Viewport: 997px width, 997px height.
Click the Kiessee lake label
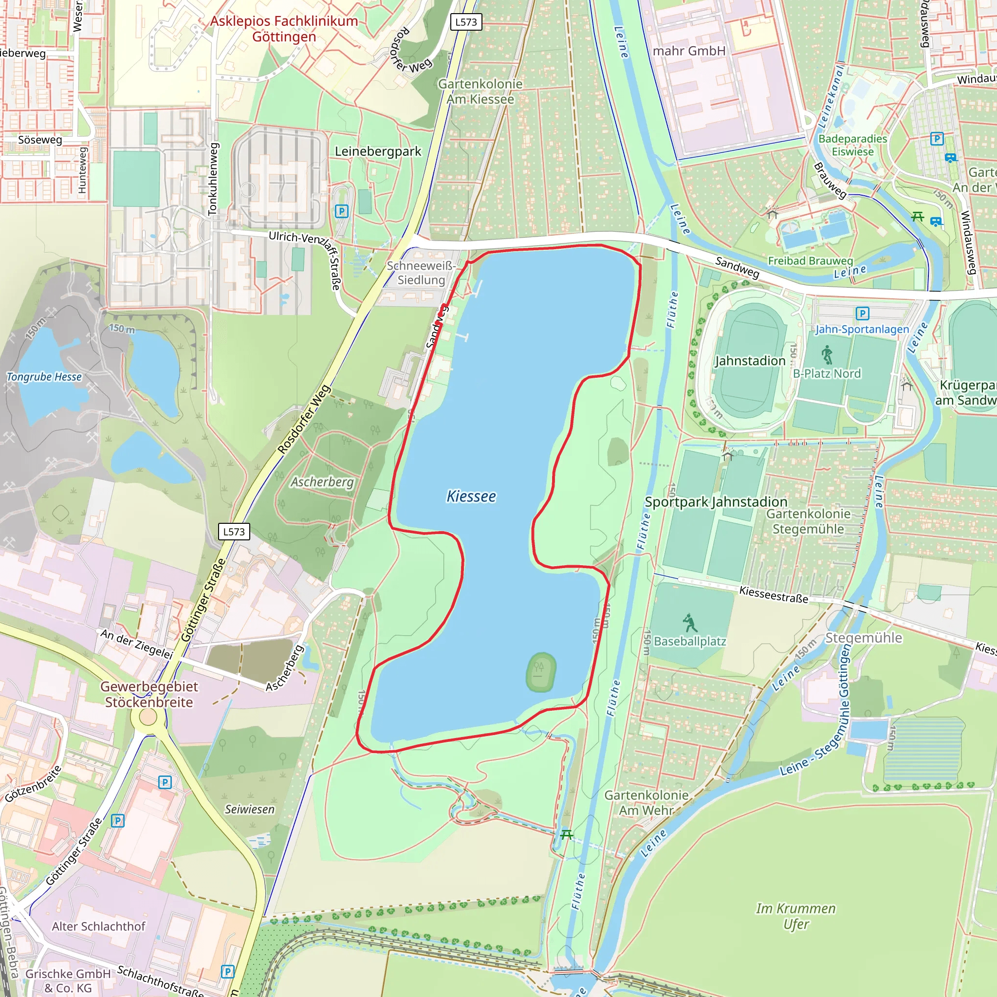coord(471,497)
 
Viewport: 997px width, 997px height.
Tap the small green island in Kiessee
coord(541,672)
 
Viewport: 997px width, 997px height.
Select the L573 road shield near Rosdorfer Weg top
coord(466,22)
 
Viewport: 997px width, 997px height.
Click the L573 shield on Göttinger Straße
coord(234,532)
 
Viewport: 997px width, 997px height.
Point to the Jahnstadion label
coord(750,361)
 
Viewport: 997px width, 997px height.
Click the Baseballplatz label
coord(690,642)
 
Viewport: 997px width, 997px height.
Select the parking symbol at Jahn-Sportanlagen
coord(862,313)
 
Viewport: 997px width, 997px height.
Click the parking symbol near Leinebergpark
coord(341,211)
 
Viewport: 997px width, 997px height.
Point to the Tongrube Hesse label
coord(44,377)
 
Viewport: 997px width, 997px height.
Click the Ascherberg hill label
coord(322,482)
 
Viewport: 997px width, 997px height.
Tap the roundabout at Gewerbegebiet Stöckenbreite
coord(148,717)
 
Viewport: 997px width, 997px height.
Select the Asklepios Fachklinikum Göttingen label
coord(284,29)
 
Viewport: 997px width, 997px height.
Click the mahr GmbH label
coord(689,51)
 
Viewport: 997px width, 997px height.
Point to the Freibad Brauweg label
coord(810,260)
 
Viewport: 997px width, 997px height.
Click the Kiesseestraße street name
coord(774,594)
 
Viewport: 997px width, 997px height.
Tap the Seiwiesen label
coord(250,809)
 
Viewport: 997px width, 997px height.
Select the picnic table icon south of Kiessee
coord(566,834)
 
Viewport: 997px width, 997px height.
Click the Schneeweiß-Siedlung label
coord(421,273)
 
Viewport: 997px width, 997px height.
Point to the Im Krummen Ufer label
coord(796,916)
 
